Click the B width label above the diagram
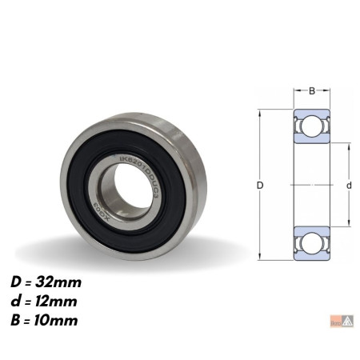click(311, 90)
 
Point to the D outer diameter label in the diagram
click(260, 186)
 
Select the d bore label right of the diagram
click(349, 186)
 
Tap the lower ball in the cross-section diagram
click(311, 242)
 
